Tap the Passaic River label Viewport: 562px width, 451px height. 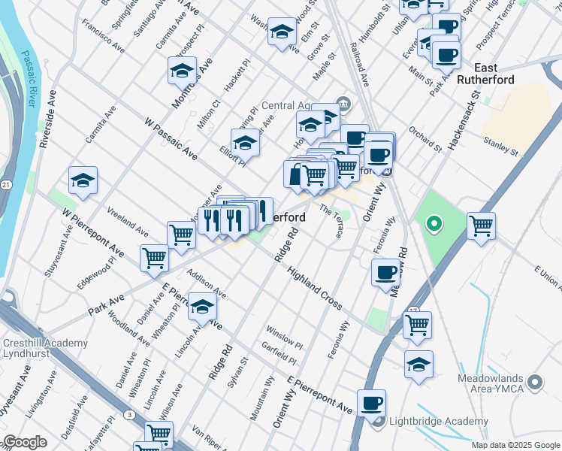pyautogui.click(x=29, y=86)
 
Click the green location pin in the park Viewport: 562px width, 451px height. pyautogui.click(x=433, y=223)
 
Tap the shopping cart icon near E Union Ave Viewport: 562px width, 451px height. pyautogui.click(x=481, y=225)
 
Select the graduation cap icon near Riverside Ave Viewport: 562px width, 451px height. pyautogui.click(x=83, y=180)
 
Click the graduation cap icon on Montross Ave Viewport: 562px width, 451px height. pyautogui.click(x=182, y=70)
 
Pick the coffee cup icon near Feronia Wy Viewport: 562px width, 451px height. pyautogui.click(x=386, y=271)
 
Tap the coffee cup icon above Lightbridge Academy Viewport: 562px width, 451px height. pyautogui.click(x=371, y=403)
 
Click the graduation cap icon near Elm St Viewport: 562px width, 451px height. pyautogui.click(x=282, y=32)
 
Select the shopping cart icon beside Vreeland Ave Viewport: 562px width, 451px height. pyautogui.click(x=182, y=235)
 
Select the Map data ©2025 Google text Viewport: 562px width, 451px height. pyautogui.click(x=515, y=445)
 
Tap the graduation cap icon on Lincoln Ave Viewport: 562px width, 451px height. pyautogui.click(x=202, y=306)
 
